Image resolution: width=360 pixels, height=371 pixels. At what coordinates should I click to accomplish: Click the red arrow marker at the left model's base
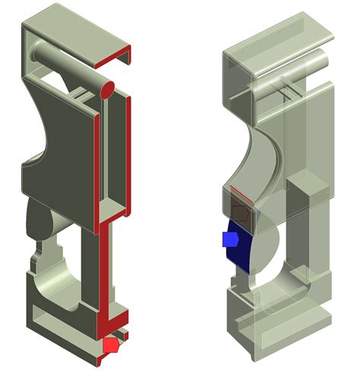pos(111,346)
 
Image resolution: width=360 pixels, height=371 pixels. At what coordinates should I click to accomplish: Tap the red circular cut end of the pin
pos(108,90)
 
